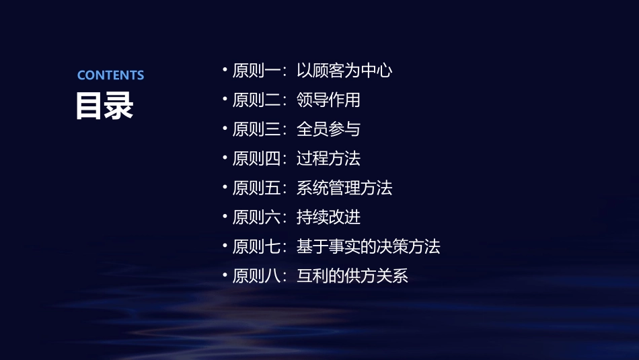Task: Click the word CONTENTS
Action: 110,75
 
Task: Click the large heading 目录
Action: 104,106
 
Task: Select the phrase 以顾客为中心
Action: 344,71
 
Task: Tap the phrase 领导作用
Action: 328,100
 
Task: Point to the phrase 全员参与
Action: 328,129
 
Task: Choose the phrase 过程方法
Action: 328,159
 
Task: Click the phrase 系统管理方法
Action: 344,188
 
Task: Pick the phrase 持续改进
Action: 328,217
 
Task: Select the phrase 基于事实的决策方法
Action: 368,247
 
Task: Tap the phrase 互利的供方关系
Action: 352,276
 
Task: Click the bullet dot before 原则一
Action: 225,70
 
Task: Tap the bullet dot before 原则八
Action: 225,275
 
